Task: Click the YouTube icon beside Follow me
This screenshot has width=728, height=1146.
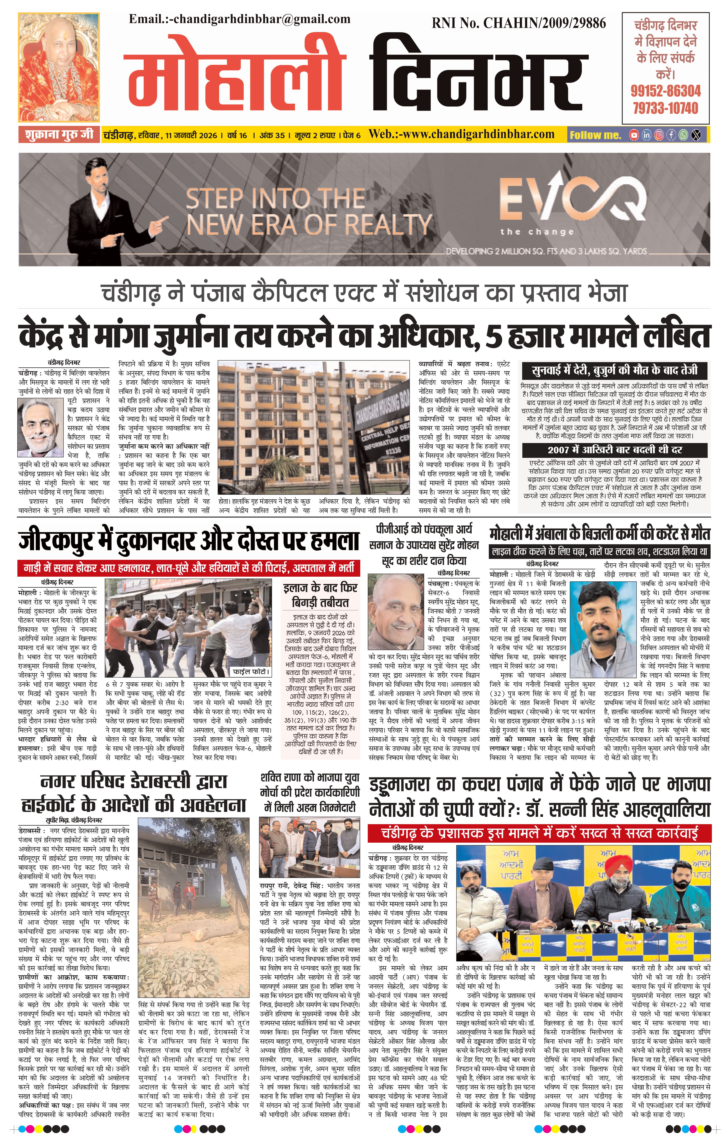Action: click(x=634, y=135)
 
